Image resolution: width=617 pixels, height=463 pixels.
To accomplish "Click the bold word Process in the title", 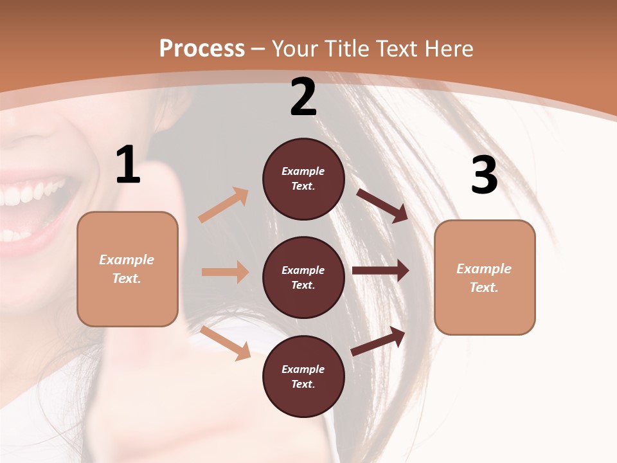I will click(202, 48).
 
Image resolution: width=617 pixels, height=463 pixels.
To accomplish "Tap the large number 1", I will click(128, 165).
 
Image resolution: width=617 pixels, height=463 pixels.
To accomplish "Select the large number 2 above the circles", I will click(303, 97).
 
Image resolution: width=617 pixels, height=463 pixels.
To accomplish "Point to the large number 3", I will click(484, 175).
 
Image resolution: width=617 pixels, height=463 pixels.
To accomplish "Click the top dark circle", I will click(303, 179).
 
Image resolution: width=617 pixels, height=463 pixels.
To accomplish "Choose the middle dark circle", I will click(303, 278).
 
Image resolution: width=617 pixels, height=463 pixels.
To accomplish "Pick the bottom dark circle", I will click(303, 377).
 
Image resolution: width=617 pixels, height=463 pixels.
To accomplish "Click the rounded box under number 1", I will click(127, 269).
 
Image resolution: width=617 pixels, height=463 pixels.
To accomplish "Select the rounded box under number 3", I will click(485, 278).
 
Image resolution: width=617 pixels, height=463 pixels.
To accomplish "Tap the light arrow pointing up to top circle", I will click(224, 204).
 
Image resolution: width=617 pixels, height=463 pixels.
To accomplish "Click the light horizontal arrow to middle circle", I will click(225, 272).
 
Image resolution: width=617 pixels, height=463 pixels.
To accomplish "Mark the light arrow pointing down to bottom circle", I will click(225, 342).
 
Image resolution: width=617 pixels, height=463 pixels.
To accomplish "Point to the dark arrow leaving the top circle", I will click(382, 205).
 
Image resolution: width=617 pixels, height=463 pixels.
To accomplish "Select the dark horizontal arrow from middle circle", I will click(380, 271).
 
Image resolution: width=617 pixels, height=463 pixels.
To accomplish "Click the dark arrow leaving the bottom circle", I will click(378, 341).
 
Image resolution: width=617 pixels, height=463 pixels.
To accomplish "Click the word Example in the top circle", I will click(303, 171).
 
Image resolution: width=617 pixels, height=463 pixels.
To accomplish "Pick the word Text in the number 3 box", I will click(484, 287).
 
